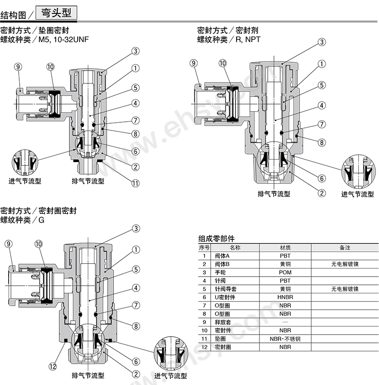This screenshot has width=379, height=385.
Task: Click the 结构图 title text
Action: (17, 14)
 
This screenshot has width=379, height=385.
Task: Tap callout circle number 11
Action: (135, 183)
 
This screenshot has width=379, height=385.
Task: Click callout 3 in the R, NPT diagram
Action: (321, 43)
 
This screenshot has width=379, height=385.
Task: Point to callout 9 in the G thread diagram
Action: (9, 245)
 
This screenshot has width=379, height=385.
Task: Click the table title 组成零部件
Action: (216, 238)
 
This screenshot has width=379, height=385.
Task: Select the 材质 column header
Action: (285, 248)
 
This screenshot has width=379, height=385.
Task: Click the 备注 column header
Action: (344, 248)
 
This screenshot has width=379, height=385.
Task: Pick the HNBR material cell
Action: (285, 297)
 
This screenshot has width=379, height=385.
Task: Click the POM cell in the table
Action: (285, 272)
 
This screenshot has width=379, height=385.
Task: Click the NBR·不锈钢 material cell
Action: (285, 338)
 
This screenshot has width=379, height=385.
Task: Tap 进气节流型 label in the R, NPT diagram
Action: (357, 194)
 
